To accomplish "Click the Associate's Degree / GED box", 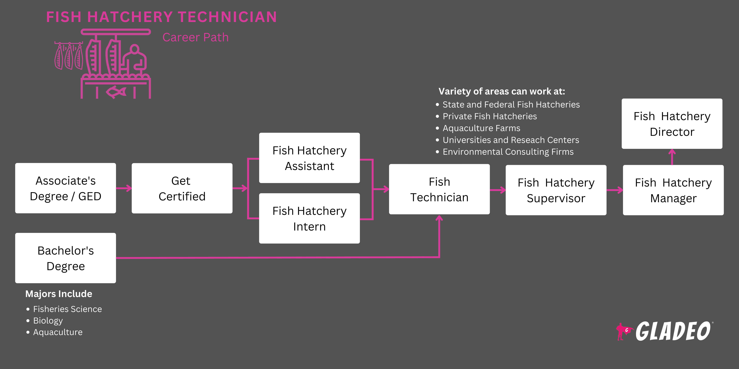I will (65, 188).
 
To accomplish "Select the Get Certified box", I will (182, 188).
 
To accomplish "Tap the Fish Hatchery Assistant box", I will (309, 158).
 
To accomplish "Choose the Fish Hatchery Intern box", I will (309, 218).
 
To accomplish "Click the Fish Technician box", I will (439, 189).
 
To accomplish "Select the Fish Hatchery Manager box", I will (673, 190).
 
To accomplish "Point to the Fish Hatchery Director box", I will (672, 124).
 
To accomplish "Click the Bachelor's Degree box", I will (65, 258).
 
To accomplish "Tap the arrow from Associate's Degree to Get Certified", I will (124, 188).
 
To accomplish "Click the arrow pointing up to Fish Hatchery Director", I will (672, 157).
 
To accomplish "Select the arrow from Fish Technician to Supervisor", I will (498, 190).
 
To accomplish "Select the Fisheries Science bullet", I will (67, 309).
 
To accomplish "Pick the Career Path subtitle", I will (195, 37).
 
